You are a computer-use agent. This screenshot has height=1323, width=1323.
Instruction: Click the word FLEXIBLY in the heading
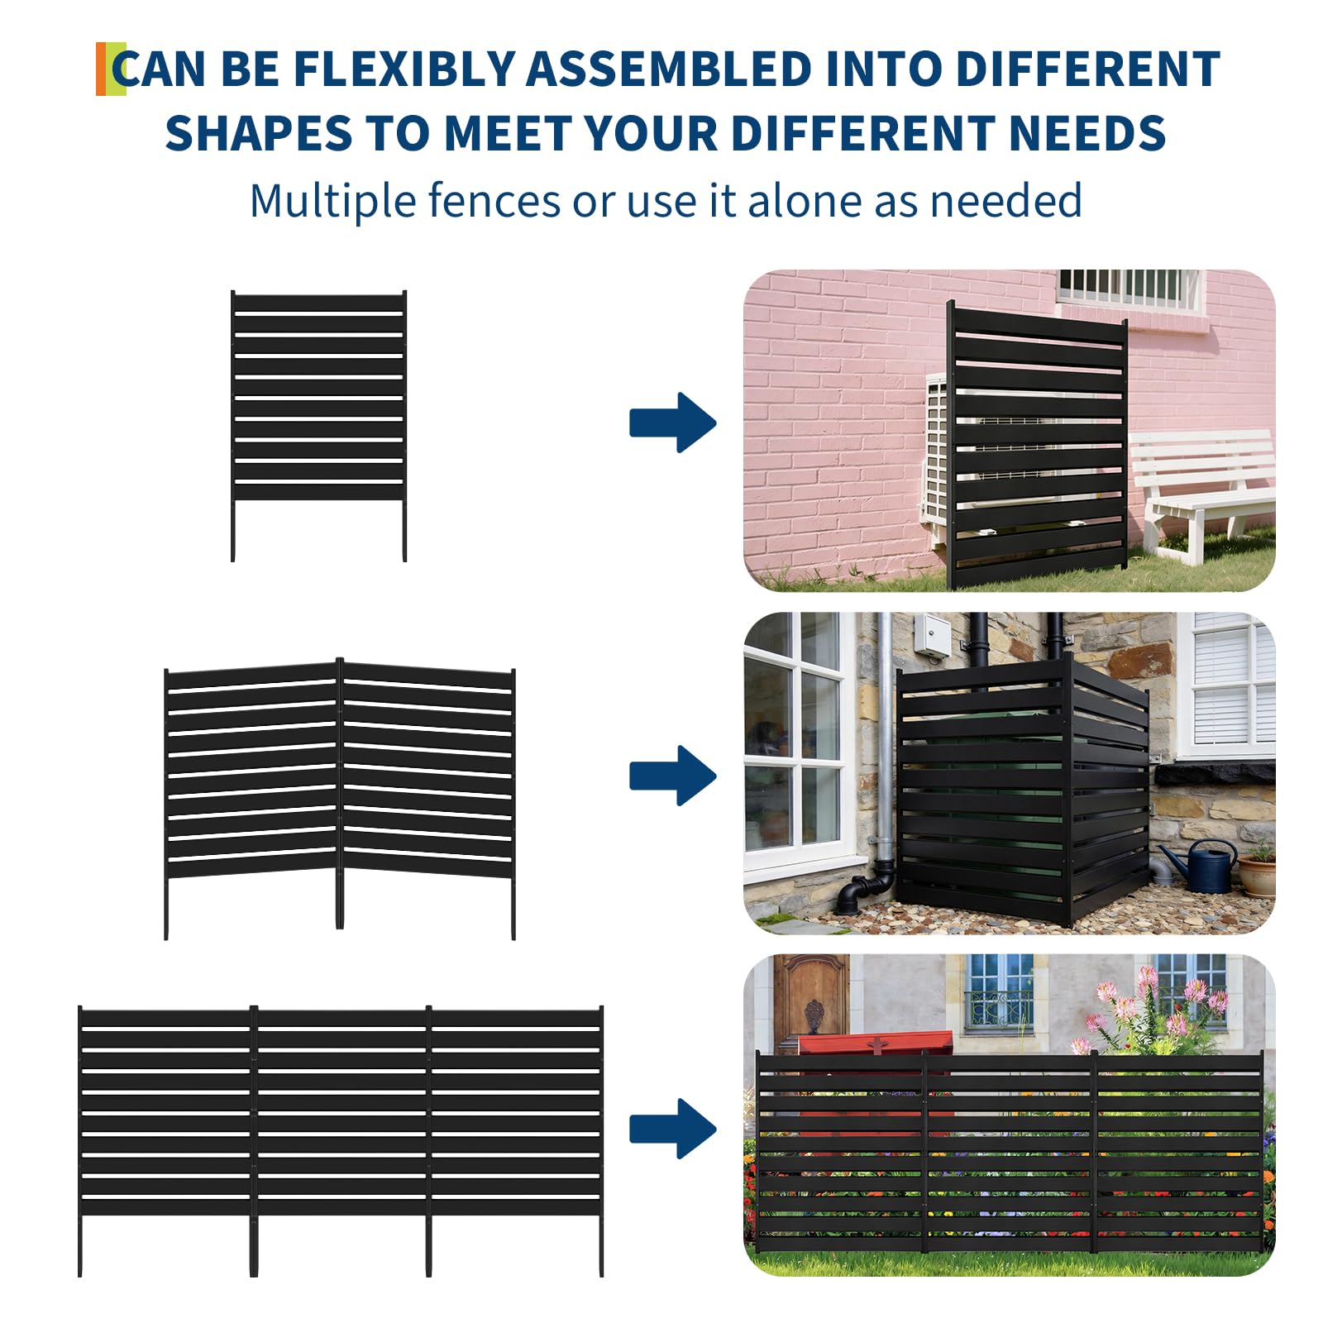point(404,69)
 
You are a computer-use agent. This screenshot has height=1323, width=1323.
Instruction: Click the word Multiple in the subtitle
point(332,201)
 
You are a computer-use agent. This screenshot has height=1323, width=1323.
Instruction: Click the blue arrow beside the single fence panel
point(671,423)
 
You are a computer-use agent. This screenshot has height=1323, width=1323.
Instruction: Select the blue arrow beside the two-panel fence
point(671,776)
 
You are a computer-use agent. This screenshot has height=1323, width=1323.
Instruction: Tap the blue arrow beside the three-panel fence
point(671,1129)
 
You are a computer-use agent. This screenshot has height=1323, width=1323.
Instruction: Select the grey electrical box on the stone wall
point(932,636)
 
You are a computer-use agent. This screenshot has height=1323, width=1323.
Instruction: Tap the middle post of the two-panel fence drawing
point(340,794)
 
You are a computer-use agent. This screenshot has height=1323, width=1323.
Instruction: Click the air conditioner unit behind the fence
point(939,455)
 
